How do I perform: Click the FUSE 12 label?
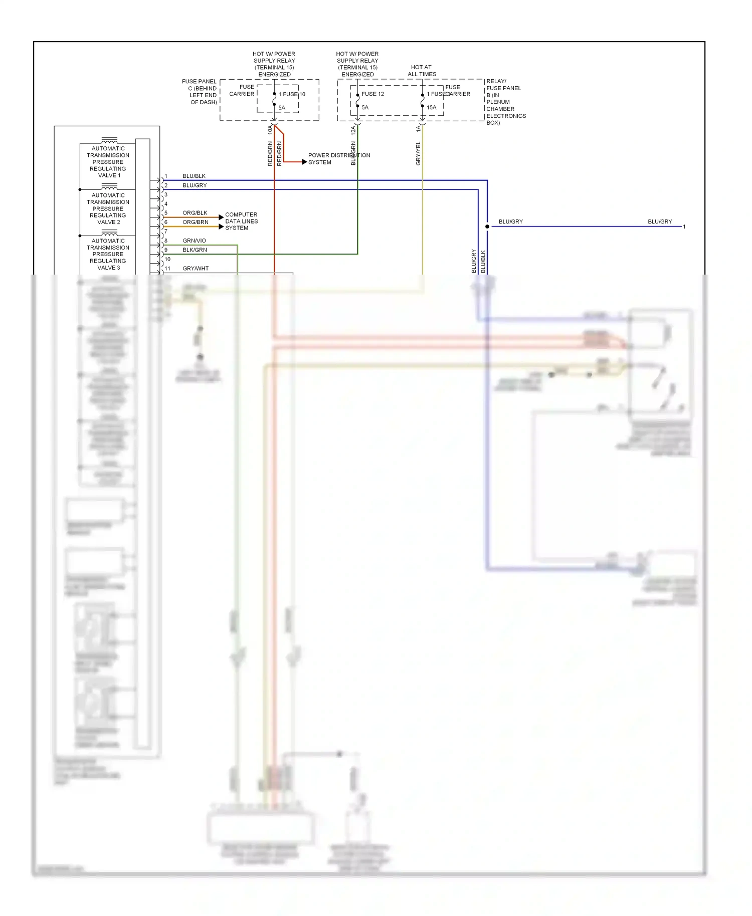pyautogui.click(x=372, y=94)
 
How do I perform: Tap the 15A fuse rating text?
pyautogui.click(x=431, y=108)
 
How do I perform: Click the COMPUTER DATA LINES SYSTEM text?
pyautogui.click(x=241, y=221)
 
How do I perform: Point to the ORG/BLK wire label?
pyautogui.click(x=195, y=213)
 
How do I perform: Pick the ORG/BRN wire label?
pyautogui.click(x=195, y=222)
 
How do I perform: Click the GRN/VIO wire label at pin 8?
pyautogui.click(x=194, y=241)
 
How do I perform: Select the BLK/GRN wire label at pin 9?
pyautogui.click(x=195, y=250)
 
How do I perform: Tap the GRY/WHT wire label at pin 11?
pyautogui.click(x=196, y=269)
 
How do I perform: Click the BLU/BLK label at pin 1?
pyautogui.click(x=194, y=176)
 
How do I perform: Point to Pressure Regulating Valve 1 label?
pyautogui.click(x=108, y=162)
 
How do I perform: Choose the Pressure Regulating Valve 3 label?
pyautogui.click(x=108, y=254)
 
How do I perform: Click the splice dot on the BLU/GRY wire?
pyautogui.click(x=487, y=226)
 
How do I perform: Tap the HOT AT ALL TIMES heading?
pyautogui.click(x=422, y=71)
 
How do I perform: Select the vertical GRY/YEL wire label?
pyautogui.click(x=418, y=153)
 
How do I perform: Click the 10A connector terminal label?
pyautogui.click(x=270, y=130)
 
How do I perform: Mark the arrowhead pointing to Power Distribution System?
pyautogui.click(x=304, y=162)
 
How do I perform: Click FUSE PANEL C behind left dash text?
pyautogui.click(x=200, y=92)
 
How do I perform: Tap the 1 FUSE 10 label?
pyautogui.click(x=292, y=94)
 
